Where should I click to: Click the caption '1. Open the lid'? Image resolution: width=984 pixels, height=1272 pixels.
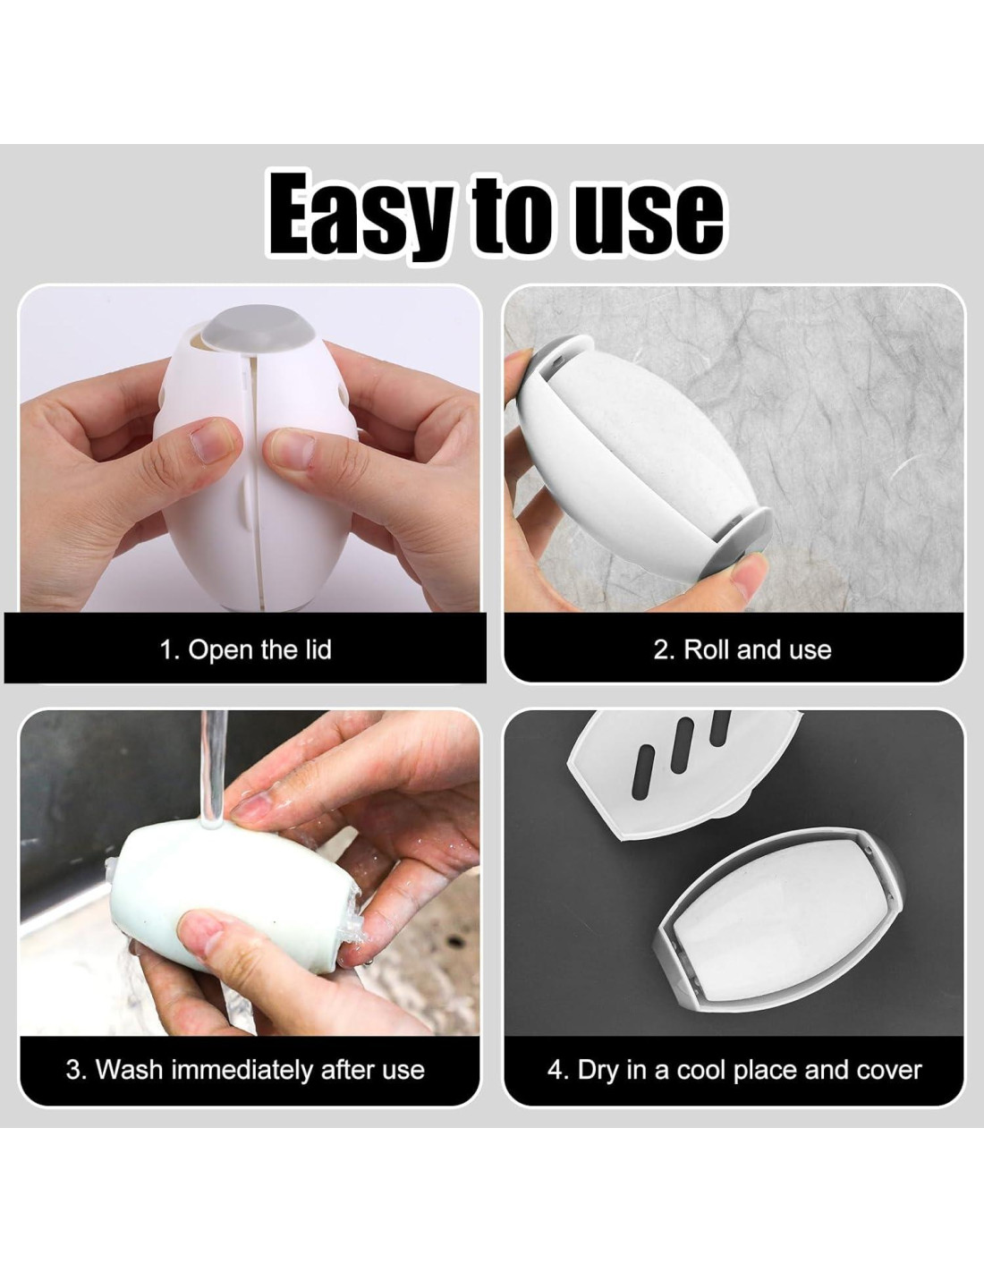pos(246,649)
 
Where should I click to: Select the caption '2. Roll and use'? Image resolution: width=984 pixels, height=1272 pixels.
pos(742,649)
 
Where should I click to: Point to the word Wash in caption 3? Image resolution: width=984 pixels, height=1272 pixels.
pos(130,1070)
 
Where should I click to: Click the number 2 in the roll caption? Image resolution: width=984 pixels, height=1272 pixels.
pos(660,649)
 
